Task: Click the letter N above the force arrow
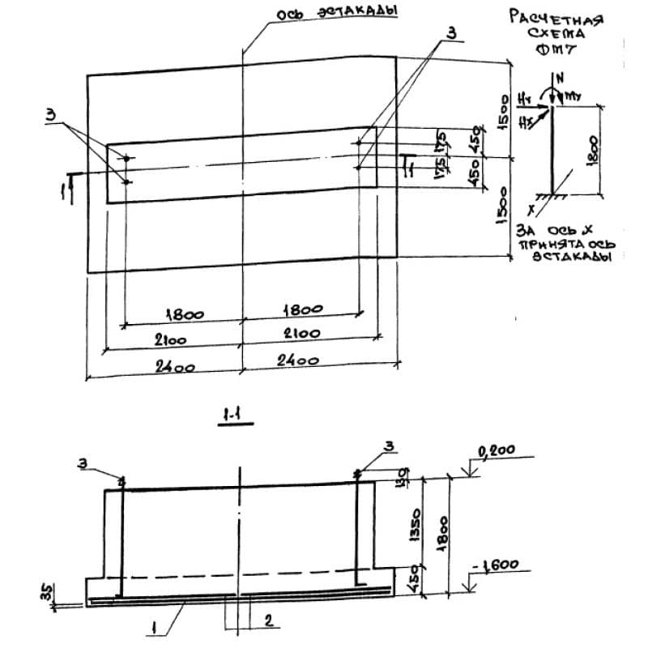point(560,79)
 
